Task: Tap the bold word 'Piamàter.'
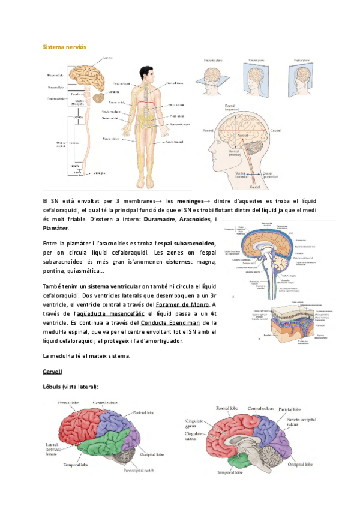56,228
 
